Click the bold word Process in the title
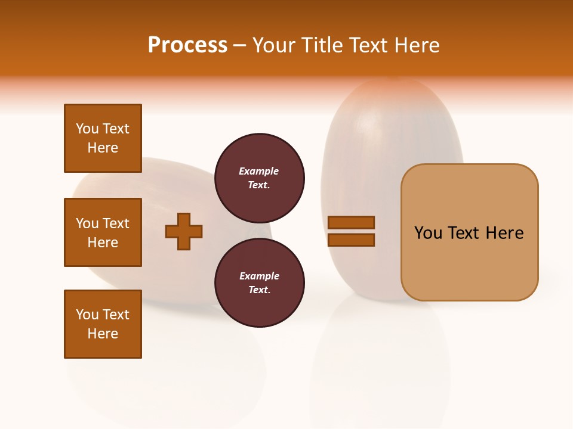coord(187,45)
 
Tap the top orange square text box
coord(103,138)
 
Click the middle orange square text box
coord(103,232)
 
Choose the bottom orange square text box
coord(103,324)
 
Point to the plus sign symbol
coord(184,231)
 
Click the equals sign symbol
coord(351,231)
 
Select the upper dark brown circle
coord(260,178)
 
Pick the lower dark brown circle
coord(260,282)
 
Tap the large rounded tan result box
coord(469,232)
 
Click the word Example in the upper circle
coord(259,171)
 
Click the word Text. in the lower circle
coord(259,290)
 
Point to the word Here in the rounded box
coord(504,233)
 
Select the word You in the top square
coord(87,129)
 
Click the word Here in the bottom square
coord(103,334)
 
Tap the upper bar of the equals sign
coord(351,222)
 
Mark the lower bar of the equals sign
coord(351,240)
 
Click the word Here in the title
coord(416,45)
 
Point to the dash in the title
coord(240,46)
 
